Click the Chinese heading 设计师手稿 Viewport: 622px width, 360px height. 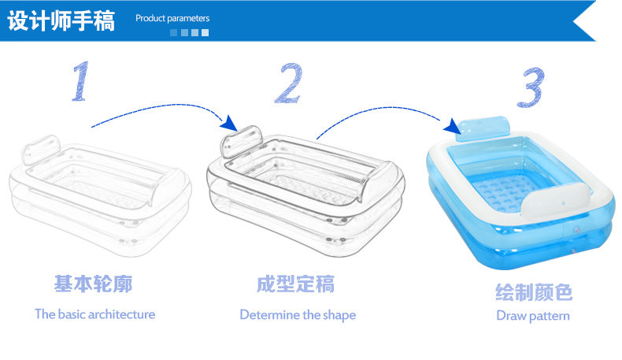[x=61, y=20]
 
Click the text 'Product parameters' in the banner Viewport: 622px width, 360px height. [x=172, y=18]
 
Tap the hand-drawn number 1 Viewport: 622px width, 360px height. [x=80, y=82]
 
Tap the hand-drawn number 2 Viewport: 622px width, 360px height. [x=288, y=84]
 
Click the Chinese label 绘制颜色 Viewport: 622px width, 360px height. [x=533, y=293]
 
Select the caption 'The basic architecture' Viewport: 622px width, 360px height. [x=94, y=314]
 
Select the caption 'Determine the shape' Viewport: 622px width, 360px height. [x=298, y=314]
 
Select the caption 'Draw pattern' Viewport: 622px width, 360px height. [x=533, y=316]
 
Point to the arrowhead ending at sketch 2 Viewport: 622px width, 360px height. [x=228, y=123]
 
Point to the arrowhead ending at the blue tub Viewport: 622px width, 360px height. [x=451, y=126]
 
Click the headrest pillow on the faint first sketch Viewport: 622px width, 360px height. [x=39, y=150]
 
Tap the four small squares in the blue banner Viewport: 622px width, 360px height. [x=189, y=32]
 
